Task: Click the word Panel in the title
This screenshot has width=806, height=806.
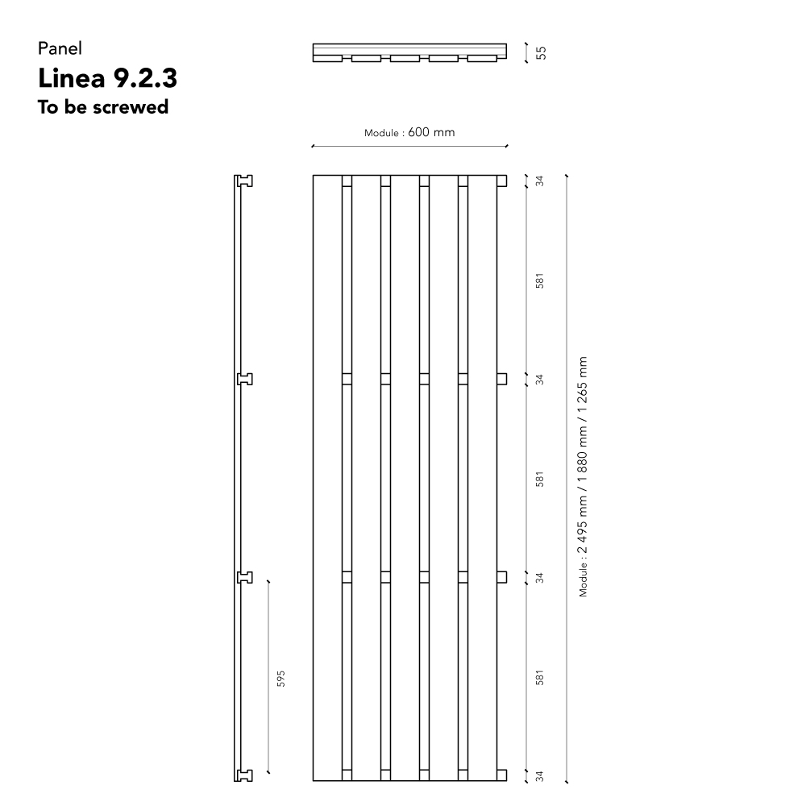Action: pyautogui.click(x=60, y=48)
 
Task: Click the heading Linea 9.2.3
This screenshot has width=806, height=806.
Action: pyautogui.click(x=107, y=78)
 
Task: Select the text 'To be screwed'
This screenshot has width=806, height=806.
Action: pyautogui.click(x=103, y=107)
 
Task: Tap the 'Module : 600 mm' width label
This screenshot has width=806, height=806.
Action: pyautogui.click(x=409, y=133)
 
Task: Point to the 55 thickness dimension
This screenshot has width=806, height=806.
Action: pyautogui.click(x=541, y=53)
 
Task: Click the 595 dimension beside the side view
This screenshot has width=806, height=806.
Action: pyautogui.click(x=280, y=679)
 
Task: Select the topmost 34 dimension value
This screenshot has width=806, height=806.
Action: pyautogui.click(x=539, y=181)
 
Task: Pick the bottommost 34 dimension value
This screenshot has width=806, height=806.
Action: pyautogui.click(x=539, y=776)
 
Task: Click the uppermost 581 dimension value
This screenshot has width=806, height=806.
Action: pyautogui.click(x=539, y=280)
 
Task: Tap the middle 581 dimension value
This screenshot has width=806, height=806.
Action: pyautogui.click(x=539, y=479)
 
